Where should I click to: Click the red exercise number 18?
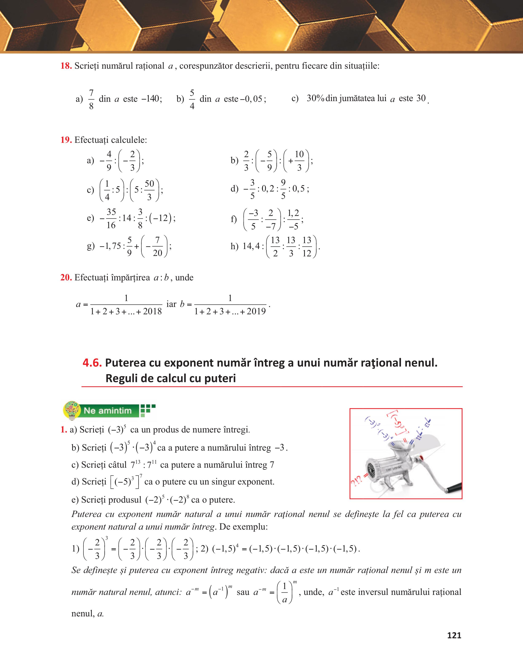click(x=66, y=66)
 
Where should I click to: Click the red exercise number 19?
click(x=66, y=140)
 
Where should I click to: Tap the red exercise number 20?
click(x=66, y=277)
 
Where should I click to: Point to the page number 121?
click(x=454, y=635)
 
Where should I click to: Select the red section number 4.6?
click(x=92, y=363)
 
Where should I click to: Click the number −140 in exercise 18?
click(x=151, y=99)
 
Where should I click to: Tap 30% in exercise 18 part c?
click(x=316, y=98)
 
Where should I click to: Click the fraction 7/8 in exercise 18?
click(x=91, y=99)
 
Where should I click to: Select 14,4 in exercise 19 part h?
click(x=251, y=246)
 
